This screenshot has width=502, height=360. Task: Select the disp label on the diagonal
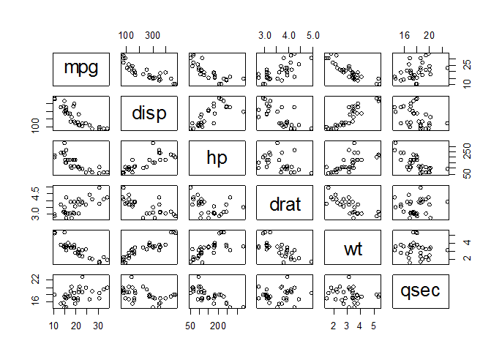pyautogui.click(x=149, y=113)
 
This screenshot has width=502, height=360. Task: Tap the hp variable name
pyautogui.click(x=217, y=157)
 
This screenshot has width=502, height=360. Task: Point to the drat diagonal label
pyautogui.click(x=285, y=203)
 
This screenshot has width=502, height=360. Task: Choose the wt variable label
pyautogui.click(x=353, y=248)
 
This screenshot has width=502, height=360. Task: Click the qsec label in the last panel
pyautogui.click(x=421, y=290)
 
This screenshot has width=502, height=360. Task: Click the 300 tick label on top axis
pyautogui.click(x=151, y=35)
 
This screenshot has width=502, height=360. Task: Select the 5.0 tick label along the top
pyautogui.click(x=312, y=35)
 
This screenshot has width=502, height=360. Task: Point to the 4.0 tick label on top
pyautogui.click(x=289, y=35)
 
